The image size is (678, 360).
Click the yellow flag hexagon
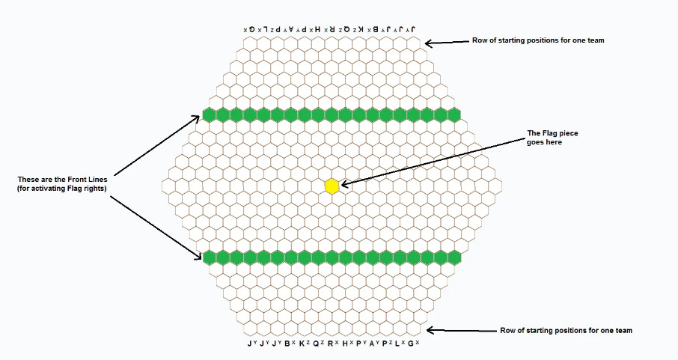tap(332, 186)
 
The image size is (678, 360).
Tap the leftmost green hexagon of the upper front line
tap(210, 115)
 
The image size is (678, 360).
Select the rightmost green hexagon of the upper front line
tap(453, 115)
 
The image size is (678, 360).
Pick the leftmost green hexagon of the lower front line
tap(210, 257)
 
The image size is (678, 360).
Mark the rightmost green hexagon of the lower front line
tap(453, 257)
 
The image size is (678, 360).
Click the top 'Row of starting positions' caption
tap(537, 40)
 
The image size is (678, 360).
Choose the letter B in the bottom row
tap(288, 344)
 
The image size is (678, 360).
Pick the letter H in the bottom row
tap(343, 344)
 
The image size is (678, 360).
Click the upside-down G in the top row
tap(253, 29)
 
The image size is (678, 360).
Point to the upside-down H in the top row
tap(318, 29)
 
